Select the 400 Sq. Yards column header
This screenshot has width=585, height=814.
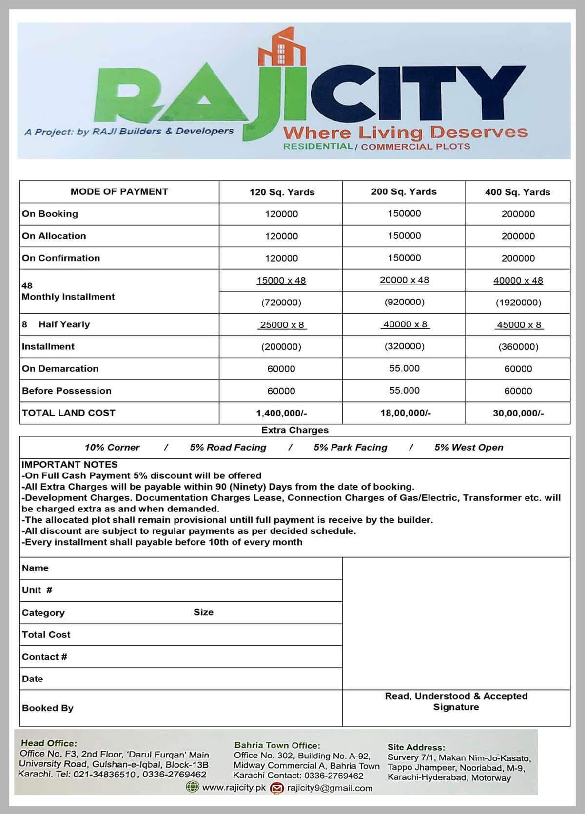click(x=517, y=192)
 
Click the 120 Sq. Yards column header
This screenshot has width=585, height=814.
click(x=282, y=192)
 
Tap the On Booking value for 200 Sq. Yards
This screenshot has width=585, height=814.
click(x=404, y=213)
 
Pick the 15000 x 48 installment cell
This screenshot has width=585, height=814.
click(x=281, y=280)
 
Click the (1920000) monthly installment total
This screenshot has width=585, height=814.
click(x=518, y=303)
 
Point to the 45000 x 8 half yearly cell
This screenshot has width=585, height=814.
click(x=519, y=324)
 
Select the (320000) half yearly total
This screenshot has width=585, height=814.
click(x=404, y=346)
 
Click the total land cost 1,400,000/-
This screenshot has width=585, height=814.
click(x=281, y=413)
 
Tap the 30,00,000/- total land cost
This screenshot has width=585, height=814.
click(x=518, y=413)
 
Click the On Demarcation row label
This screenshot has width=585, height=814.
click(x=60, y=368)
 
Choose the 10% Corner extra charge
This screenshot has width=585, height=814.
click(x=112, y=447)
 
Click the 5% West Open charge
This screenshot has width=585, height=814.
click(x=468, y=447)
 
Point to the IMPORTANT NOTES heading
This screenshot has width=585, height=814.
click(x=69, y=464)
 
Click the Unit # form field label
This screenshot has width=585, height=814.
click(x=37, y=590)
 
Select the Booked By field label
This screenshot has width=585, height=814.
click(x=47, y=708)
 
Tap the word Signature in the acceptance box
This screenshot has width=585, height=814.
click(x=456, y=707)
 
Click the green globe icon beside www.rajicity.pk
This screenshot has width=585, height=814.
click(x=193, y=787)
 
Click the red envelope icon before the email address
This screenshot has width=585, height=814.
click(x=277, y=787)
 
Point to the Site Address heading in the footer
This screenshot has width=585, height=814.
click(x=416, y=747)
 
